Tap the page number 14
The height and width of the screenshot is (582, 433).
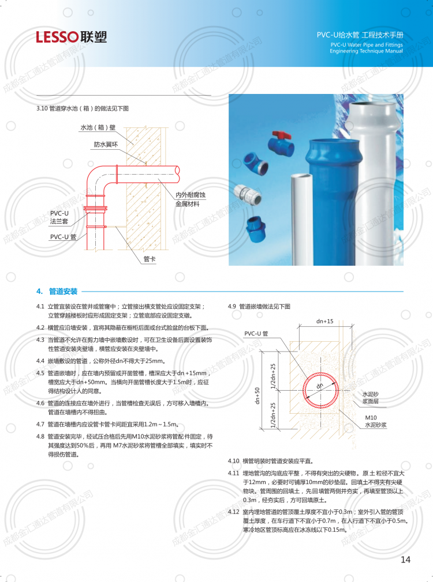click(x=405, y=560)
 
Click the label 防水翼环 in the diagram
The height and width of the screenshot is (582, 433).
click(x=106, y=145)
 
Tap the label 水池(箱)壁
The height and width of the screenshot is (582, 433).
click(x=98, y=127)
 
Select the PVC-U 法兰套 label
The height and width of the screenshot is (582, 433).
click(x=59, y=217)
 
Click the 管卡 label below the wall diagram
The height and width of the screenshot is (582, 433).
click(x=150, y=259)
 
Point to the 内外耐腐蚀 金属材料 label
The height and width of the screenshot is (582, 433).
click(x=191, y=199)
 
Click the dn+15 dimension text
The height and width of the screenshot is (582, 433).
click(x=324, y=321)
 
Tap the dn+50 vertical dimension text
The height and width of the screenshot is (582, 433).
click(x=257, y=396)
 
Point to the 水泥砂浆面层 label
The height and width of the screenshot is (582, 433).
click(x=371, y=398)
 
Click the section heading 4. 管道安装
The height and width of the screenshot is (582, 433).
click(x=57, y=292)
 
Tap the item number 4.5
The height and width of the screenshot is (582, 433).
click(x=40, y=373)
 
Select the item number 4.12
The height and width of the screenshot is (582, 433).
click(x=234, y=512)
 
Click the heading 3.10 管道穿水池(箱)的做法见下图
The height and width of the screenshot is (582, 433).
click(x=83, y=108)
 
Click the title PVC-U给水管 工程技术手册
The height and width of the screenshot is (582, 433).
click(x=360, y=35)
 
